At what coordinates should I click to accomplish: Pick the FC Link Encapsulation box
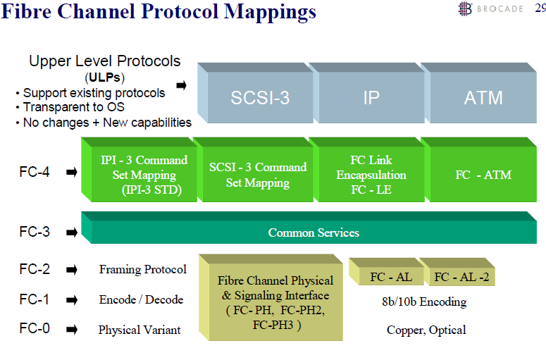(371, 175)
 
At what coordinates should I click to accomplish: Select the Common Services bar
(314, 232)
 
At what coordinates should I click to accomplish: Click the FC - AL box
(387, 277)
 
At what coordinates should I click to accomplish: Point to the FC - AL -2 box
(461, 277)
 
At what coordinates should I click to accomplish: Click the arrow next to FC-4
(71, 171)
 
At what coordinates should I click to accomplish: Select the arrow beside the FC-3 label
(71, 232)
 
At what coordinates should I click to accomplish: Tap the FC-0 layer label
(35, 329)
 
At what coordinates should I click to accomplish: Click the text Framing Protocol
(142, 269)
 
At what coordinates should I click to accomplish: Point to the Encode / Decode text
(141, 299)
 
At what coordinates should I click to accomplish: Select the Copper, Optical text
(426, 330)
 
